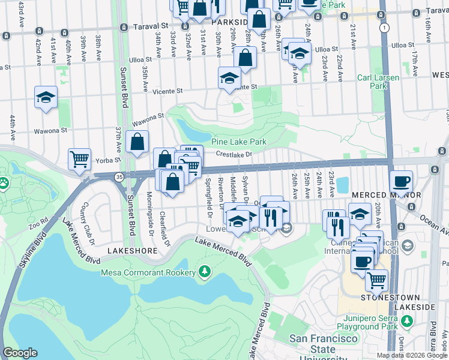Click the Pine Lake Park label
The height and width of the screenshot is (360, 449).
(238, 142)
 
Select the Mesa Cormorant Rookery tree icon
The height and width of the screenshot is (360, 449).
(205, 272)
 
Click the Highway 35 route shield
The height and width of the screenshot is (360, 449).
(119, 176)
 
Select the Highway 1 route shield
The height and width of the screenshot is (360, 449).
(384, 28)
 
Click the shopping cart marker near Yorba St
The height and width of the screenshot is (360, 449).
(79, 159)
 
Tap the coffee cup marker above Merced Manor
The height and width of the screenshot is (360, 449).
(400, 181)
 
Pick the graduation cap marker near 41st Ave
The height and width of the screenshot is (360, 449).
(46, 97)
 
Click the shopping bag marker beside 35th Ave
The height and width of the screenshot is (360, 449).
(137, 142)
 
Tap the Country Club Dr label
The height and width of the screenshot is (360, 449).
(88, 224)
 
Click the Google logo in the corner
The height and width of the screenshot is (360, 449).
(20, 353)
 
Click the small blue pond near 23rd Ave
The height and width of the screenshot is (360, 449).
(343, 185)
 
